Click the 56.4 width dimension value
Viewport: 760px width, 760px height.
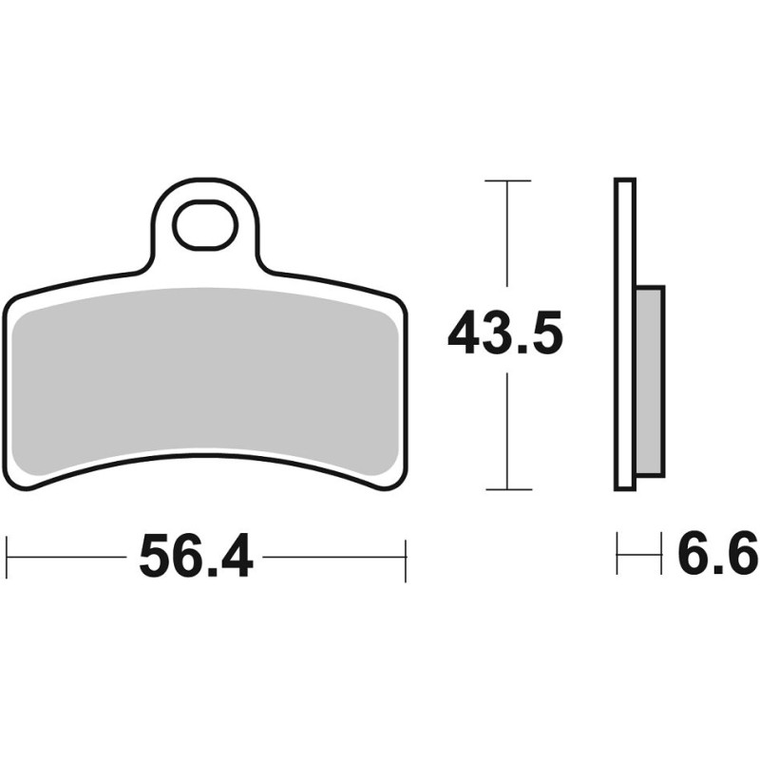[x=196, y=556]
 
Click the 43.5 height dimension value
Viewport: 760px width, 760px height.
[x=505, y=333]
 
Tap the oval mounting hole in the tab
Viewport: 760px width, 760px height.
[x=206, y=225]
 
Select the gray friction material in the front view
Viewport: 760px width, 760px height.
[x=205, y=378]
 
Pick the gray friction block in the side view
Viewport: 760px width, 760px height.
[x=650, y=382]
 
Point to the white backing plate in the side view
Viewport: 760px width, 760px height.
[x=625, y=334]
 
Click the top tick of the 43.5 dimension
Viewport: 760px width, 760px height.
[x=507, y=180]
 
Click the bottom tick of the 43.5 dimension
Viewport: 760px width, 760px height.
[x=508, y=489]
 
